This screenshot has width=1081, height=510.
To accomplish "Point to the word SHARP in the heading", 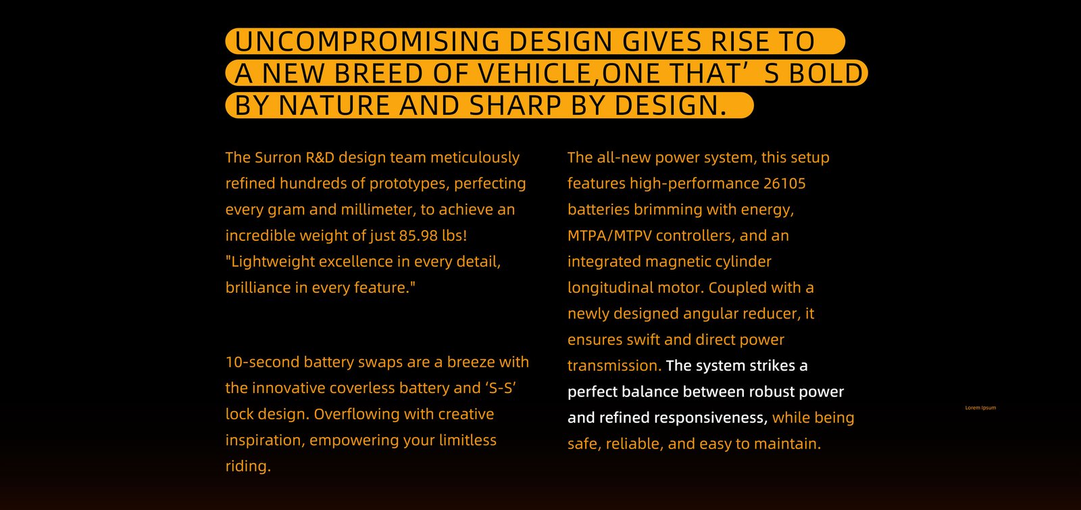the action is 515,106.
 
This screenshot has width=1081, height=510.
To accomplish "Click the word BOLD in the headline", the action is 826,74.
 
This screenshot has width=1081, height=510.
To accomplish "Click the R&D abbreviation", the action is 320,158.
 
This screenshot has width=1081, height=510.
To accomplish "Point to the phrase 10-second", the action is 263,362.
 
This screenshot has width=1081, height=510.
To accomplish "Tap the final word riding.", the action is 248,466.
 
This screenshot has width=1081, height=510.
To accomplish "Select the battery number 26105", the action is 784,183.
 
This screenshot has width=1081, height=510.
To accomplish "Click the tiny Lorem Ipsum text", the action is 980,408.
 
